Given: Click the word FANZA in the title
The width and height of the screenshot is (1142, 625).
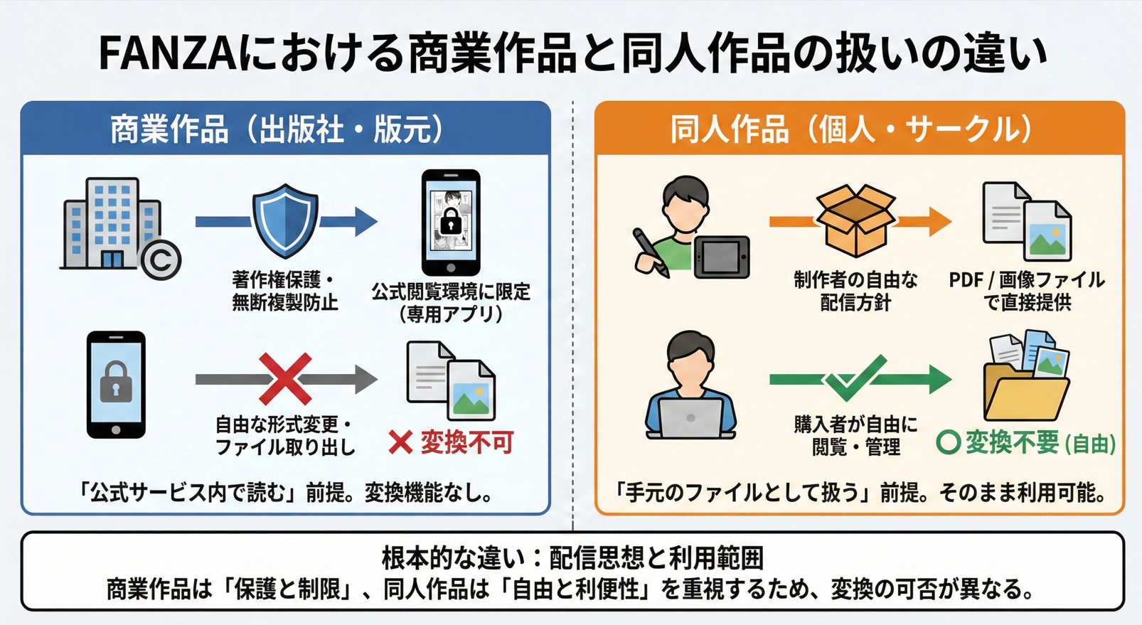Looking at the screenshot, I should click(167, 54).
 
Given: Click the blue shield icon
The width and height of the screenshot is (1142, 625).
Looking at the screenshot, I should click(285, 221).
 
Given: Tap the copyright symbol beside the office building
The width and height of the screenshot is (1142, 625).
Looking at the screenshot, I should click(161, 260).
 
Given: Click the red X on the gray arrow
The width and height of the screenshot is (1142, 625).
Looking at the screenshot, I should click(284, 379).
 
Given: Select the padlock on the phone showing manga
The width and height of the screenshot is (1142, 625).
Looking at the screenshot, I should click(451, 223).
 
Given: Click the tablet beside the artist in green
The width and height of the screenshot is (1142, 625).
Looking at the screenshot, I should click(722, 256).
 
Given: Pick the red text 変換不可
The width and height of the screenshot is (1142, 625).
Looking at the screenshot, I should click(466, 443).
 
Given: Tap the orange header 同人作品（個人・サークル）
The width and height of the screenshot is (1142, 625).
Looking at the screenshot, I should click(851, 129).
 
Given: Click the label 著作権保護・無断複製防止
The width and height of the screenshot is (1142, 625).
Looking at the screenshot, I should click(284, 291).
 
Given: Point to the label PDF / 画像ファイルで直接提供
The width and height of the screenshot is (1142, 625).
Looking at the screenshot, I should click(1027, 291).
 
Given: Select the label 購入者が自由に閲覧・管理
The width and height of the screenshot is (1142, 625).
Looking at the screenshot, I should click(855, 436).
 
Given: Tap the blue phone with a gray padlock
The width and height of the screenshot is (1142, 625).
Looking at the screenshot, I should click(116, 385).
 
